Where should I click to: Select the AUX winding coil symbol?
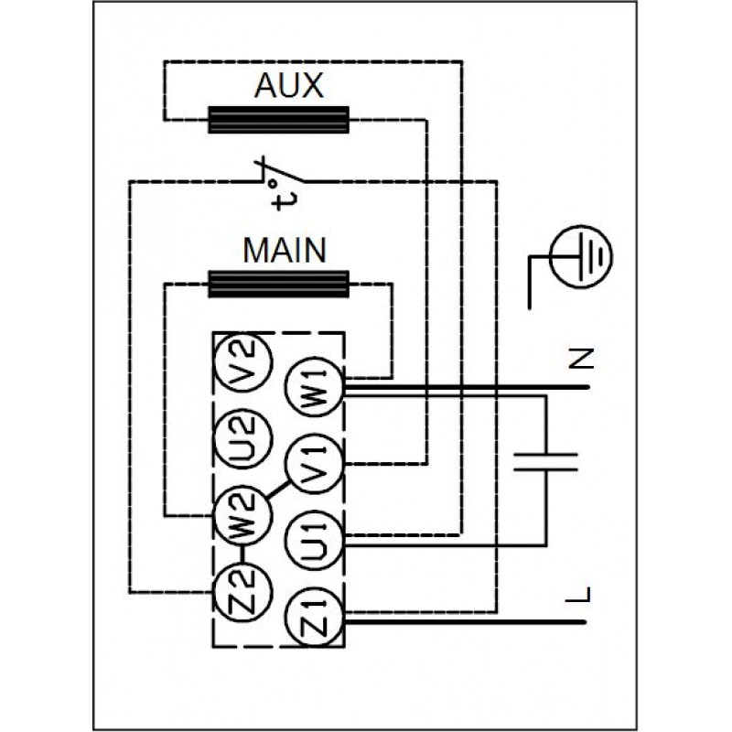click(x=279, y=119)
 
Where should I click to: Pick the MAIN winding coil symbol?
click(x=279, y=284)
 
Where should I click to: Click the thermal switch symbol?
click(x=274, y=174)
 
